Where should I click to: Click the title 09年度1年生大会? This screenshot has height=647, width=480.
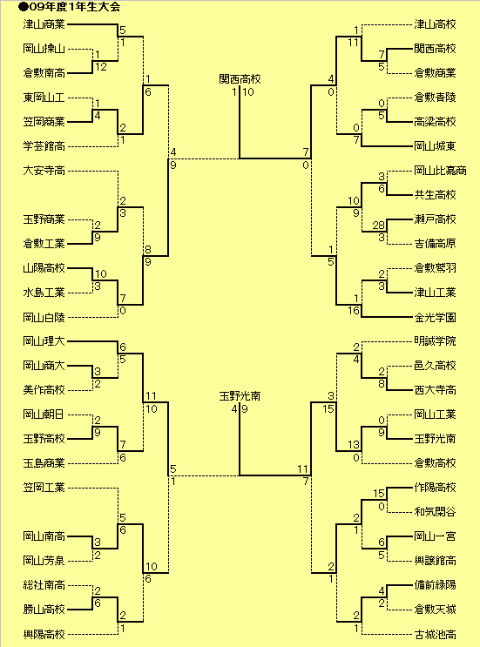[73, 7]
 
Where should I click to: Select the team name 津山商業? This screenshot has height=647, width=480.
[44, 24]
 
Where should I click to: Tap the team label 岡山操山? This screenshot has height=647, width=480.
[44, 49]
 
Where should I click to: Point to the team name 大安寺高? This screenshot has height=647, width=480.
[44, 171]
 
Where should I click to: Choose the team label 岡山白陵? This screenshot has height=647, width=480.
[44, 317]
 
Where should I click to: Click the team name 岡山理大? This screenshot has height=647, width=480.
[44, 341]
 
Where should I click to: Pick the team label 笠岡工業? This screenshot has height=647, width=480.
[44, 488]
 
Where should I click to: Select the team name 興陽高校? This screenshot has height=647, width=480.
[44, 634]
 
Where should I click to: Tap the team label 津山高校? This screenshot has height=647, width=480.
[435, 24]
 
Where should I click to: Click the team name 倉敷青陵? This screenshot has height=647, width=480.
[435, 98]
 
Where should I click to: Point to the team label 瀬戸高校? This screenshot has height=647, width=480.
[435, 219]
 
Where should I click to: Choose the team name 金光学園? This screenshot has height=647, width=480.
[435, 317]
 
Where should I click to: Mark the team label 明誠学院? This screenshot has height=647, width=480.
[435, 341]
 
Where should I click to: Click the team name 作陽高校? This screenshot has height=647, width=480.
[435, 488]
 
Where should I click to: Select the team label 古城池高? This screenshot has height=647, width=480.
[435, 634]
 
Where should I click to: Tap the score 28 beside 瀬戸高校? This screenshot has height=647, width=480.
[378, 226]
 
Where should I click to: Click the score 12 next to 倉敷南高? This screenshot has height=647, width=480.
[101, 67]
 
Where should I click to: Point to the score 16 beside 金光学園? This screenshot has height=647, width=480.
[354, 311]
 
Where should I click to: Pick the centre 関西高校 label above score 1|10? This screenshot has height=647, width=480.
[240, 79]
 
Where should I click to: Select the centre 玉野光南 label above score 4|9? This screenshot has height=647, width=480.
[240, 396]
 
